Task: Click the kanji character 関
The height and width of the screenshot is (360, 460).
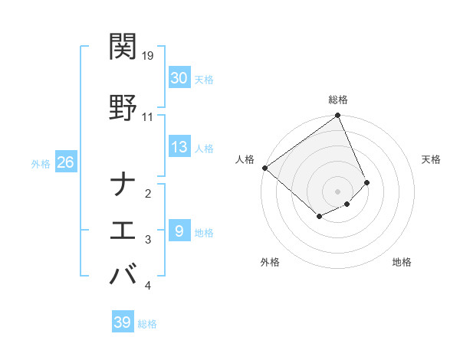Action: point(123,47)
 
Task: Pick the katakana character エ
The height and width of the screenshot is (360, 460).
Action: point(123,231)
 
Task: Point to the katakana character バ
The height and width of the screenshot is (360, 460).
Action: point(123,275)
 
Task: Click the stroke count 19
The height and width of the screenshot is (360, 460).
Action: point(148,56)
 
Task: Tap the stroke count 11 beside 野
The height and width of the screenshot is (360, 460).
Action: point(147,117)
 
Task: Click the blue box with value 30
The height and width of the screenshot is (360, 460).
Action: point(179,78)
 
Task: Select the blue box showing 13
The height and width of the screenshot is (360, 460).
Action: point(179,147)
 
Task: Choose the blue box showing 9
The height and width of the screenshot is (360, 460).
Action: point(179,231)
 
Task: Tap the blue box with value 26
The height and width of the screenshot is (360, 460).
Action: point(65,162)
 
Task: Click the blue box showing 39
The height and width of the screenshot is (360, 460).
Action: point(122,322)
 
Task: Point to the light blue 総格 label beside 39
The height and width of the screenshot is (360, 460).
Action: point(147,324)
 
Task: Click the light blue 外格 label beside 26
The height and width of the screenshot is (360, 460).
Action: point(41,164)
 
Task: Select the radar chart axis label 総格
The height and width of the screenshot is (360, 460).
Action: point(338,100)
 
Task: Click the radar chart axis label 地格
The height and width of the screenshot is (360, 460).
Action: point(402,263)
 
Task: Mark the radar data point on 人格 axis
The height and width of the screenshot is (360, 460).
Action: point(264,168)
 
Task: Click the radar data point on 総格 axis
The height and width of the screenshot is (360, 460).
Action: point(338,116)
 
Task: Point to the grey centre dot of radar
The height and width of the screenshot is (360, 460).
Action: point(337,191)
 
